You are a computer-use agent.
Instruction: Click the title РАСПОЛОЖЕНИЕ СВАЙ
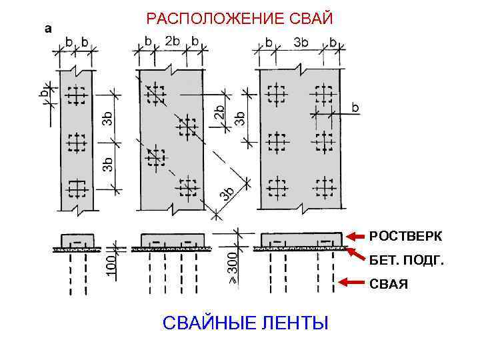click(239, 17)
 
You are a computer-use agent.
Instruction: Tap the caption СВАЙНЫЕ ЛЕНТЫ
click(246, 324)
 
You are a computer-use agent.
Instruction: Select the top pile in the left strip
click(77, 97)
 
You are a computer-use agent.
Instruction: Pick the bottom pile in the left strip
click(77, 189)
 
